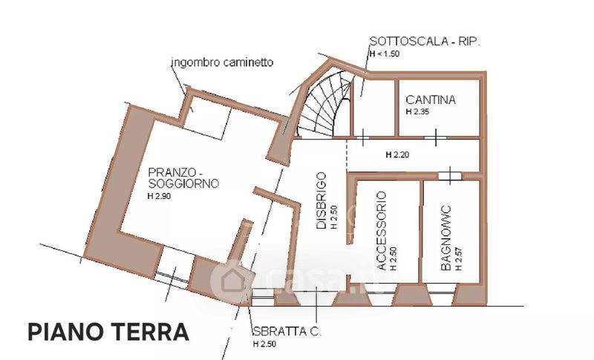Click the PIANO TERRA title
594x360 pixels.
pyautogui.click(x=108, y=331)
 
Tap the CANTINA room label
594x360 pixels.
pyautogui.click(x=431, y=100)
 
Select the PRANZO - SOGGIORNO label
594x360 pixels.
pyautogui.click(x=172, y=175)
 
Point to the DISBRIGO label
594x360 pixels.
pyautogui.click(x=322, y=202)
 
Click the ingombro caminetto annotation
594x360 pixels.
pyautogui.click(x=221, y=62)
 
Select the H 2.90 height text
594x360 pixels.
pyautogui.click(x=162, y=196)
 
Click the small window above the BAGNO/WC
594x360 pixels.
pyautogui.click(x=448, y=175)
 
